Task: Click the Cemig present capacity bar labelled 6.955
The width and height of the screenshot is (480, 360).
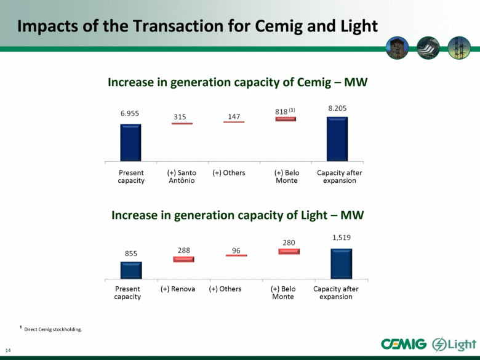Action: click(x=130, y=143)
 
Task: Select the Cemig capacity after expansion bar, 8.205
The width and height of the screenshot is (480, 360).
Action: click(x=337, y=139)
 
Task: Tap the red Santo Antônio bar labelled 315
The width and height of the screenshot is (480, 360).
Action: click(x=182, y=123)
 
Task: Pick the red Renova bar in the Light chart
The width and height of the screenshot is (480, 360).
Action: click(x=183, y=259)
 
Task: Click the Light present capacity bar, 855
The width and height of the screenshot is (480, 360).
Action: click(x=131, y=270)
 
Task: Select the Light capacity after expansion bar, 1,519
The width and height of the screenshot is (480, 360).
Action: click(x=342, y=263)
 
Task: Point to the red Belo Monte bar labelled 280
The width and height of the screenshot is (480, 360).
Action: click(x=289, y=251)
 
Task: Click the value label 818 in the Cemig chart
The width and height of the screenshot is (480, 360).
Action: click(x=281, y=112)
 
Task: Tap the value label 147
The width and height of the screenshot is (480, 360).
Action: click(x=234, y=117)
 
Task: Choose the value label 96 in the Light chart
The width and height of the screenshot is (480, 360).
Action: click(x=236, y=250)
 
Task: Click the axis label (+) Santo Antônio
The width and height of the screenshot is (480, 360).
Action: click(x=182, y=177)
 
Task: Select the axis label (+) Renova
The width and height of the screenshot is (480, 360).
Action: click(x=178, y=289)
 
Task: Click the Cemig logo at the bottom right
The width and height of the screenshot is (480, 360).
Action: click(x=404, y=344)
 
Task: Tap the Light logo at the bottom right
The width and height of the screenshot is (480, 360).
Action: click(x=454, y=345)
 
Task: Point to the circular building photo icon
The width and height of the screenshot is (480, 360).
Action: click(x=398, y=48)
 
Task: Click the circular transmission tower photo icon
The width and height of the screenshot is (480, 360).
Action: click(x=459, y=48)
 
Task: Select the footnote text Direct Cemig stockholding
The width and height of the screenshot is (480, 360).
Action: click(x=53, y=329)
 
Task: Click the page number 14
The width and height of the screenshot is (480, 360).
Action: click(x=8, y=350)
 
